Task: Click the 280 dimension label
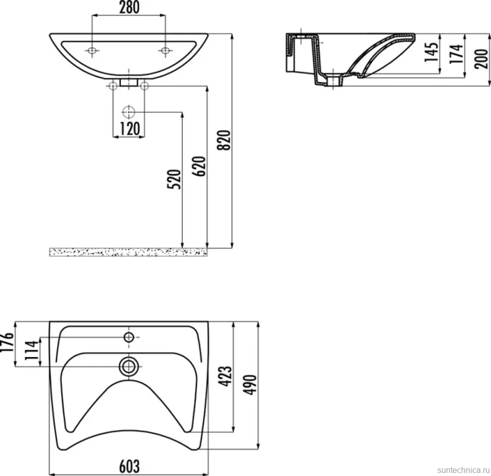129,8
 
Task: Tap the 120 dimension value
130,129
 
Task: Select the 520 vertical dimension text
175,179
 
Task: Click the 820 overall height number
224,140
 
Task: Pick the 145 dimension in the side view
431,52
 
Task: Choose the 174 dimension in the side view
457,54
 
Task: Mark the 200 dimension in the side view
481,59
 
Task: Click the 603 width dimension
129,466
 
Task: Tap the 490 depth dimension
250,384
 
